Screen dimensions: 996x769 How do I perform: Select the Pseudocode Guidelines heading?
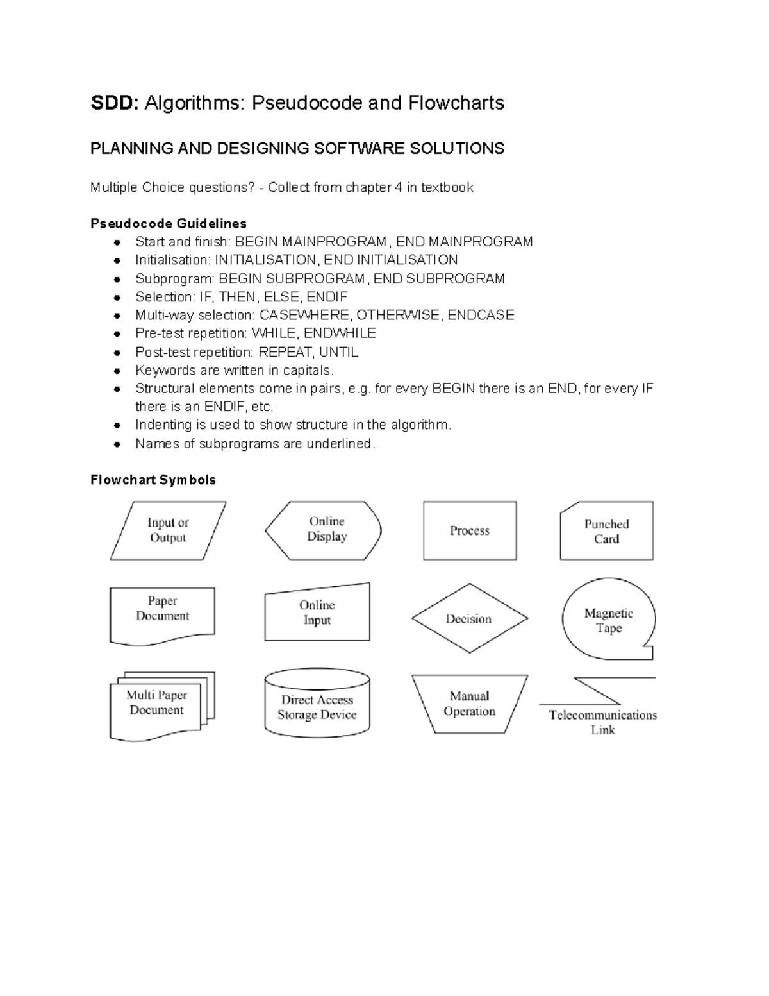(x=169, y=224)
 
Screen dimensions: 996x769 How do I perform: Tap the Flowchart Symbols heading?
(x=153, y=480)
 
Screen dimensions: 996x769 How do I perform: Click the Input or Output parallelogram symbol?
(x=168, y=531)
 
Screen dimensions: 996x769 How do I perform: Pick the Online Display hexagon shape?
(x=324, y=530)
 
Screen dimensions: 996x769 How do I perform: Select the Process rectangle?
(x=470, y=531)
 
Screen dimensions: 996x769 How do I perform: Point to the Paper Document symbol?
(x=162, y=614)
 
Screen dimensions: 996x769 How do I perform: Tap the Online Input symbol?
(x=317, y=613)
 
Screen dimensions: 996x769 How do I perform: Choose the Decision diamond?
(x=469, y=619)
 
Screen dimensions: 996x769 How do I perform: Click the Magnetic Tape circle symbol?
(x=608, y=621)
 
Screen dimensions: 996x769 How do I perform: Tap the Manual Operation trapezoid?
(x=470, y=704)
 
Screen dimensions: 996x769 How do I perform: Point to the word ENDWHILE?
(x=340, y=333)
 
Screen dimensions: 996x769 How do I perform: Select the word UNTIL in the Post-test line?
(x=338, y=352)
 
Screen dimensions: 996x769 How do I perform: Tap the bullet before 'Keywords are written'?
(x=117, y=371)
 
